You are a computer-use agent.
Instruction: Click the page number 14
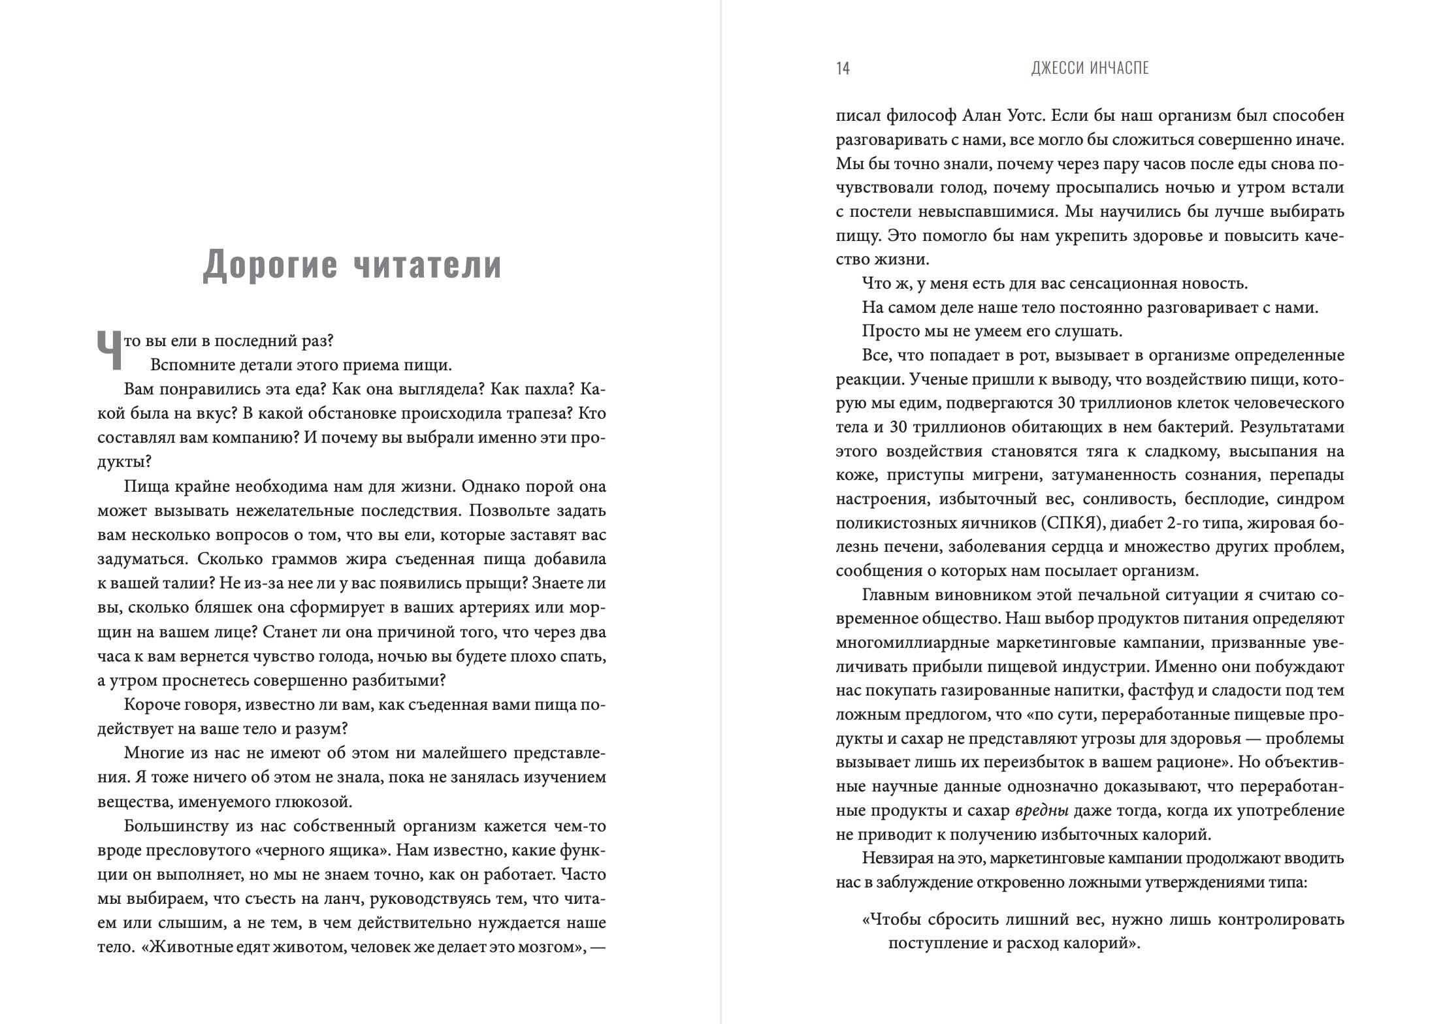click(x=843, y=69)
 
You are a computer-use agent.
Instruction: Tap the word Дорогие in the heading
click(x=270, y=264)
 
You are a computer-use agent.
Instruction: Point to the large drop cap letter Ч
click(x=109, y=351)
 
